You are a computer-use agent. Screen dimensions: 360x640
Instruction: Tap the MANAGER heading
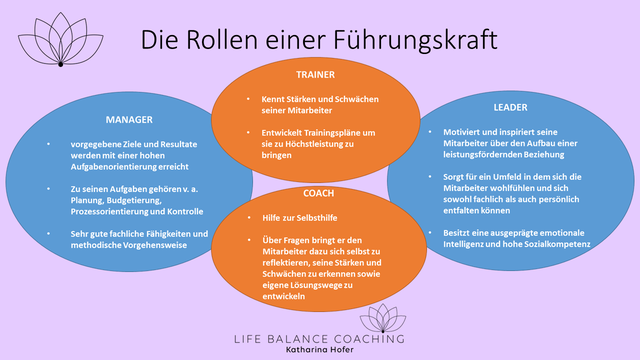[129, 118]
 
